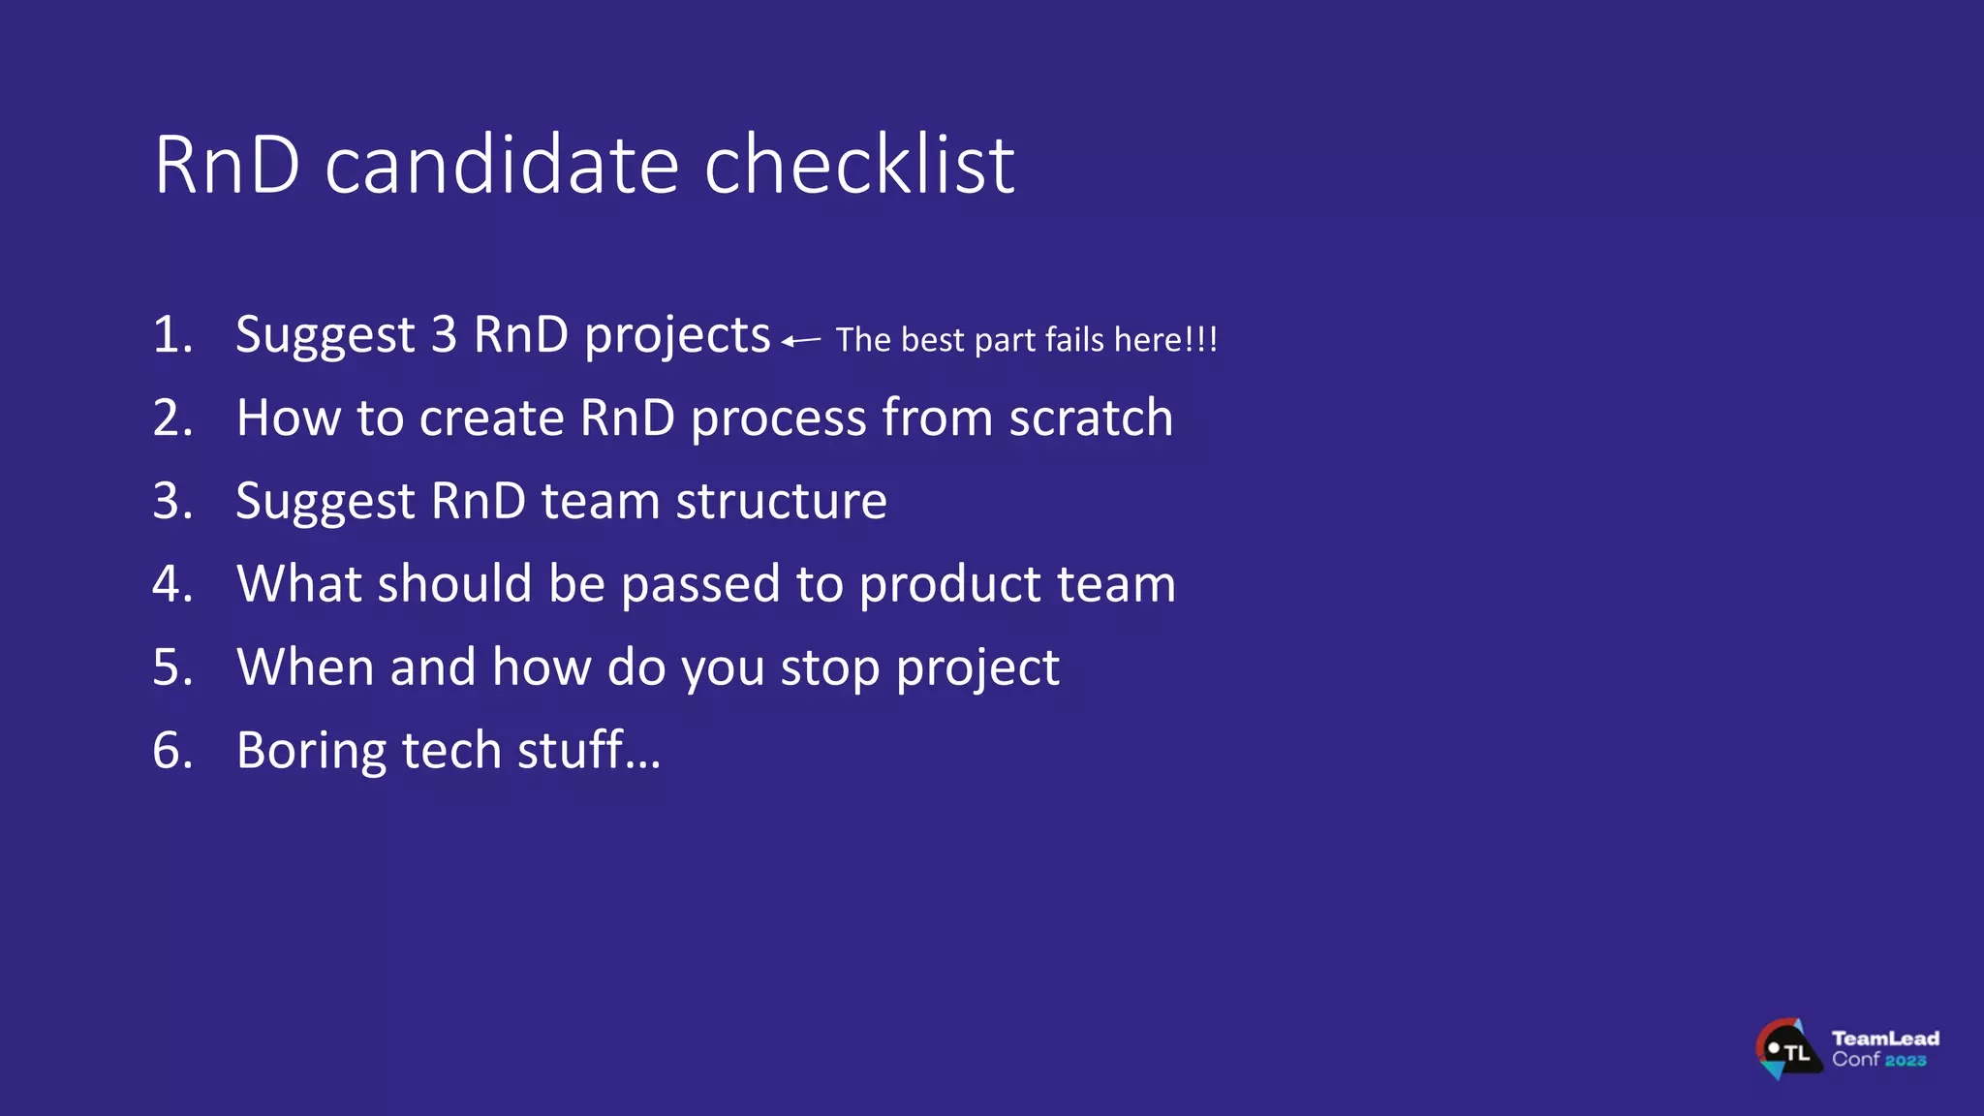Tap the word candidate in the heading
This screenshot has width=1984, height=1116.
pos(502,165)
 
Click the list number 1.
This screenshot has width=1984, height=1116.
pos(172,335)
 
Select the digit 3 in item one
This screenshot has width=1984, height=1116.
pos(444,335)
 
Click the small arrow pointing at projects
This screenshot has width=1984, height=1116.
pos(801,341)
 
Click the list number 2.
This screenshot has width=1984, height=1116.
pos(172,418)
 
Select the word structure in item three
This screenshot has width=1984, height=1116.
pos(781,502)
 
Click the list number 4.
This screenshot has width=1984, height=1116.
pos(172,585)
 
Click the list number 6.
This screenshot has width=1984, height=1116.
pos(172,752)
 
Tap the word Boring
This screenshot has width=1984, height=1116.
pos(311,752)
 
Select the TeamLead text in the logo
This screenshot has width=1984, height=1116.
pos(1885,1038)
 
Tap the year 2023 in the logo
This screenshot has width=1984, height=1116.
pos(1906,1061)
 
